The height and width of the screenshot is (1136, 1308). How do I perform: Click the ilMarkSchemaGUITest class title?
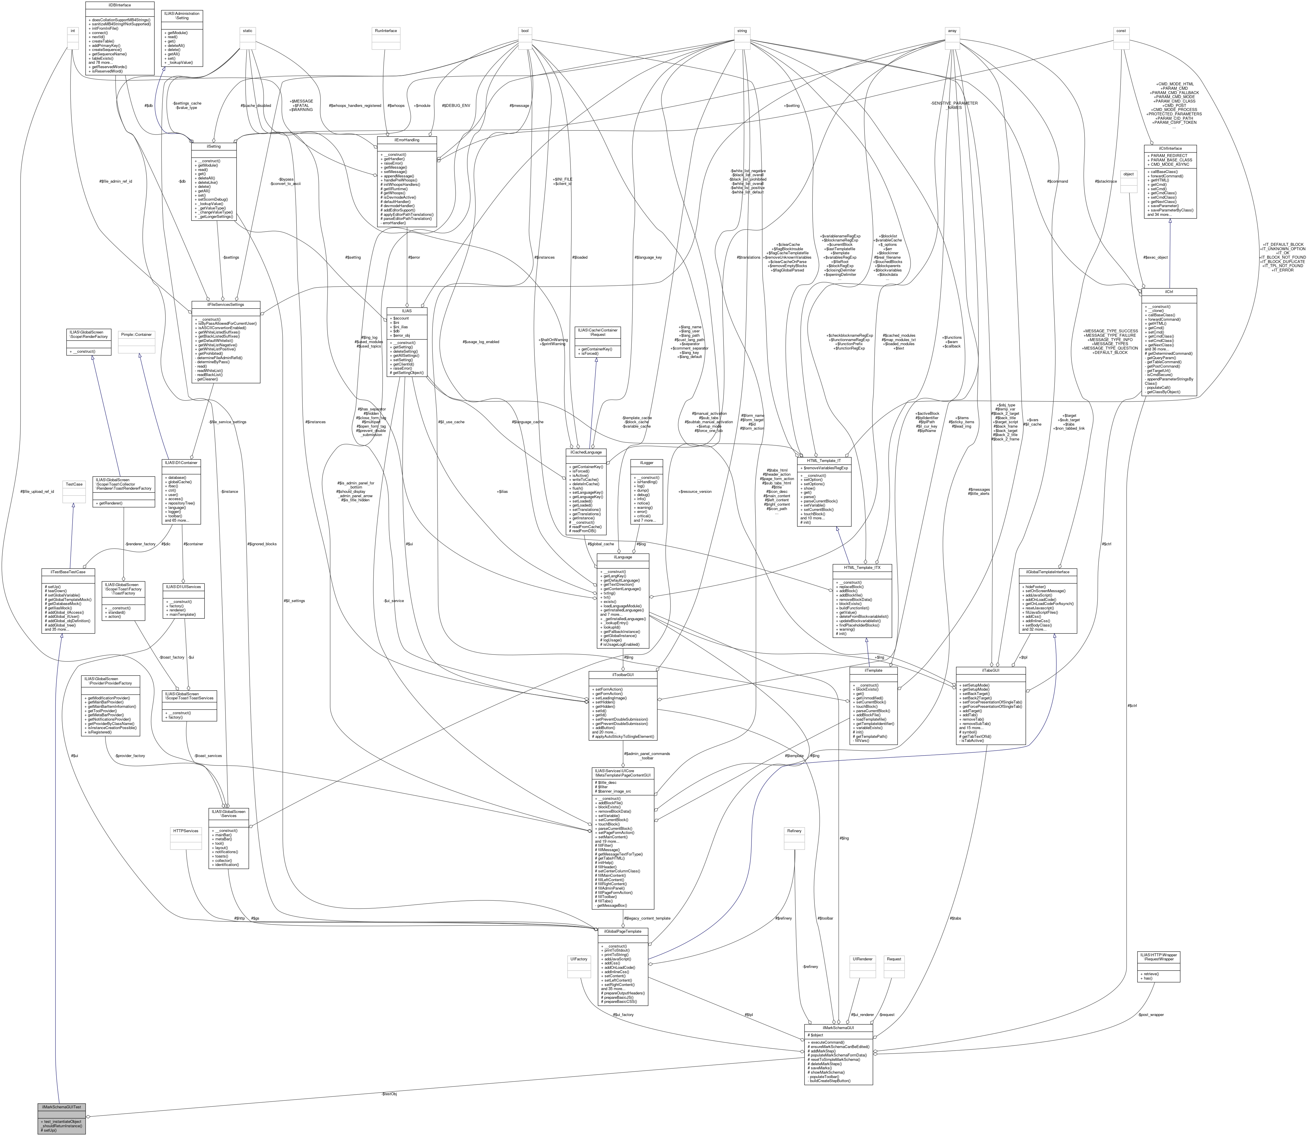tap(61, 1107)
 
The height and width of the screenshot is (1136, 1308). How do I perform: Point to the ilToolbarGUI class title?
tap(623, 675)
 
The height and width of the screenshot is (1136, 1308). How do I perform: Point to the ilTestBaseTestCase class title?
tap(68, 572)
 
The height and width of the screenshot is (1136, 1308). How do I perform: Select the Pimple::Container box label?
tap(136, 334)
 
